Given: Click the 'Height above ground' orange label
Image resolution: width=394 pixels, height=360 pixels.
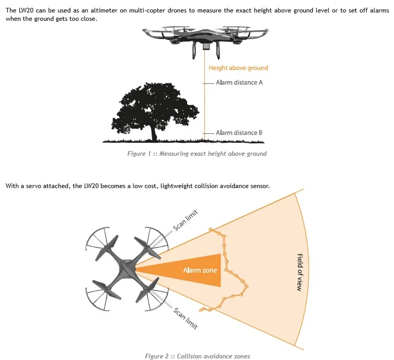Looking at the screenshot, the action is tap(238, 68).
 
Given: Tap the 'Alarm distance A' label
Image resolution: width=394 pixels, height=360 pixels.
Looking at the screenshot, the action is tap(239, 82).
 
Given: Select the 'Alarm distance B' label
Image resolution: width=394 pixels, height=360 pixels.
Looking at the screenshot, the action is tap(239, 133).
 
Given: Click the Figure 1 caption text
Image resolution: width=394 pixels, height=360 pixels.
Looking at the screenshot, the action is tap(197, 154).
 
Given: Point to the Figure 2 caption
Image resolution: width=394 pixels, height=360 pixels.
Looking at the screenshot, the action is tap(198, 356).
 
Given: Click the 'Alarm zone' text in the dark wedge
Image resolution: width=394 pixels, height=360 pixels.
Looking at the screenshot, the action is tap(200, 270).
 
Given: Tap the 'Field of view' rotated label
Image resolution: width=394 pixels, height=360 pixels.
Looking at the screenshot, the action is tap(300, 272).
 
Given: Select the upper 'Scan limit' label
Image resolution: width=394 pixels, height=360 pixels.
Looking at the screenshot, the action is tap(186, 220).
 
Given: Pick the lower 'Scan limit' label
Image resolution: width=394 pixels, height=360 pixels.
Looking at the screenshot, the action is tap(186, 318).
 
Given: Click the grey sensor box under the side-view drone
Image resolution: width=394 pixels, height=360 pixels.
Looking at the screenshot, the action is tap(206, 46).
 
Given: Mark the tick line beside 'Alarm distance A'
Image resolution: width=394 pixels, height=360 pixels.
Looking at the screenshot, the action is tap(208, 83).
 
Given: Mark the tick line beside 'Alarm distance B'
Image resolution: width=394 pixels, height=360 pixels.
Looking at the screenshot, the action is tap(208, 133).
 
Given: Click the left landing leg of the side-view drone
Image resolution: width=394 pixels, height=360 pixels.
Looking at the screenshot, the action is tap(195, 50).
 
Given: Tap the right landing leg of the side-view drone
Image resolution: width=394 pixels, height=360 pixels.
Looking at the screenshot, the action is tap(218, 50).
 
